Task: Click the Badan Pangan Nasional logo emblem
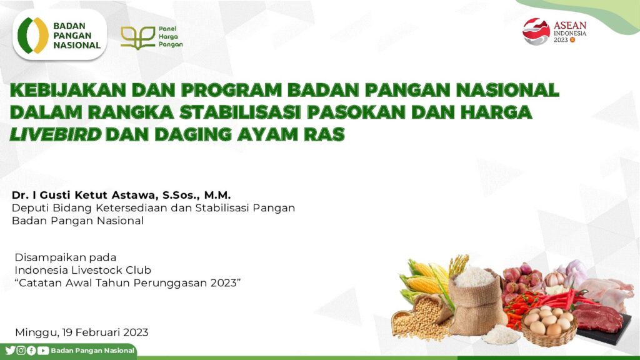click(x=33, y=36)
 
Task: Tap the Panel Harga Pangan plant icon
click(x=137, y=37)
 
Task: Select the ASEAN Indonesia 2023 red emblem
click(x=536, y=31)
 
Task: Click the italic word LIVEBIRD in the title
click(x=55, y=134)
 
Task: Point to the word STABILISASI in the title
click(x=240, y=112)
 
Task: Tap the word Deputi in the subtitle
click(x=26, y=208)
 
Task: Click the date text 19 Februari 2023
click(x=105, y=332)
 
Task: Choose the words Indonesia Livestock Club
click(x=83, y=270)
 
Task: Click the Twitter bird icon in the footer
click(x=10, y=350)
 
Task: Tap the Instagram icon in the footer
click(x=21, y=350)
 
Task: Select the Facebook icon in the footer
click(x=31, y=350)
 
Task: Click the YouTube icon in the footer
click(x=43, y=350)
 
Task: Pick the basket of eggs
click(x=549, y=326)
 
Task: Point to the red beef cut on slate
click(x=597, y=317)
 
